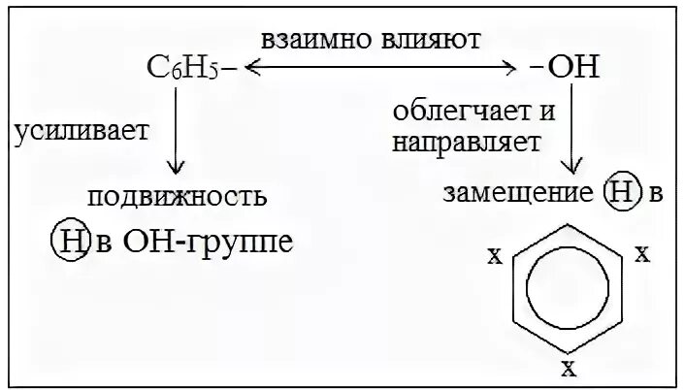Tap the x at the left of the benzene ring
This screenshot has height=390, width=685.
point(495,258)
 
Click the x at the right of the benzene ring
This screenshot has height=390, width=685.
point(640,255)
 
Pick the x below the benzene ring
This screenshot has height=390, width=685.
point(570,366)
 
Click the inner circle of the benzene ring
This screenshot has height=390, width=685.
point(569,289)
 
